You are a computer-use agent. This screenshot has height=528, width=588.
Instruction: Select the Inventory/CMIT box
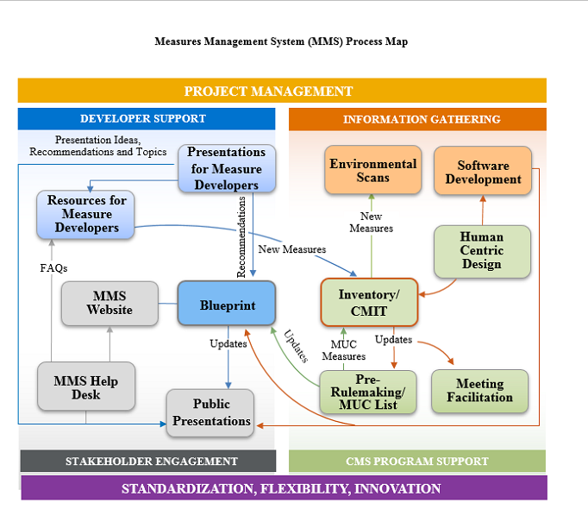(368, 302)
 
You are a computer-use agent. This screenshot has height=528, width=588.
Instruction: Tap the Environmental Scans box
(372, 170)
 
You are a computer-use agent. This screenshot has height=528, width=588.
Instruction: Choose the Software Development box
(483, 172)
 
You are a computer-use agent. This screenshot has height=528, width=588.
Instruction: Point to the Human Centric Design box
(481, 251)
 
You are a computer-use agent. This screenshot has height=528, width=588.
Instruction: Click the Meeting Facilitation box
(479, 391)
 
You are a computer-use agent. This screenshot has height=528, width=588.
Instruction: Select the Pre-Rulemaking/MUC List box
(367, 392)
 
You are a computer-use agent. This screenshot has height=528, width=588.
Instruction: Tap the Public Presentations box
(210, 412)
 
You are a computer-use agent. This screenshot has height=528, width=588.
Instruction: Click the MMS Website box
(109, 303)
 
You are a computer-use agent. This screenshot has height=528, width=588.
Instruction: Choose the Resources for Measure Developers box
(86, 214)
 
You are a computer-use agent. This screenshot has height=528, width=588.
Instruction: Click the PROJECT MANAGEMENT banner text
(268, 91)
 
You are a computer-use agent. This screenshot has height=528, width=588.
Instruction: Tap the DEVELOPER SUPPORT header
(143, 119)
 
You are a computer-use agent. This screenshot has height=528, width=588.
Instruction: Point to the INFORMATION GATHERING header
(422, 119)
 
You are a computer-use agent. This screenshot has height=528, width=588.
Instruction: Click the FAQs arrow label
(53, 268)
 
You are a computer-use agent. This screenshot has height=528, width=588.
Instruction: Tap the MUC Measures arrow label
(344, 350)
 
